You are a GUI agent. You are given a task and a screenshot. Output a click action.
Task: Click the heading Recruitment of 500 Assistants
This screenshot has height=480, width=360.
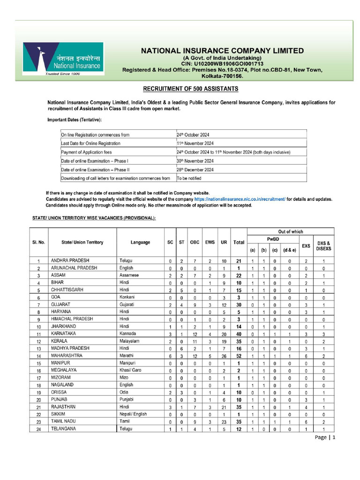coord(190,89)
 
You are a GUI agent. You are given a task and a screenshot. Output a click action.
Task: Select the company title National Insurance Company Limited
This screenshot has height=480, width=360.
coord(223,51)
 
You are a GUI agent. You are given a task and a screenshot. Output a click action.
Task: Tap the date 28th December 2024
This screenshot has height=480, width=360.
coord(195,169)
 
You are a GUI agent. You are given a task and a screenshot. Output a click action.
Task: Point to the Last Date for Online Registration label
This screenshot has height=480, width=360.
coord(90,143)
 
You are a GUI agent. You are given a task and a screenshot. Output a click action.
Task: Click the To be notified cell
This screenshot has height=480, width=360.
coord(189,178)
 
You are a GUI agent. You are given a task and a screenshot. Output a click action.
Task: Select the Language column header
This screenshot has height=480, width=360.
coord(140,242)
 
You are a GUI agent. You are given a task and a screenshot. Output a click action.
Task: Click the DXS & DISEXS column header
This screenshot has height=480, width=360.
coord(323,246)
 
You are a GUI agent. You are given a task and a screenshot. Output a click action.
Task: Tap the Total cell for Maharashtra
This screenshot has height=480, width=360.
coord(239,356)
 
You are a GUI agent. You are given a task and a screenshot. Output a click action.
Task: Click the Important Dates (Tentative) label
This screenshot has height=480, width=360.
coord(74,120)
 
